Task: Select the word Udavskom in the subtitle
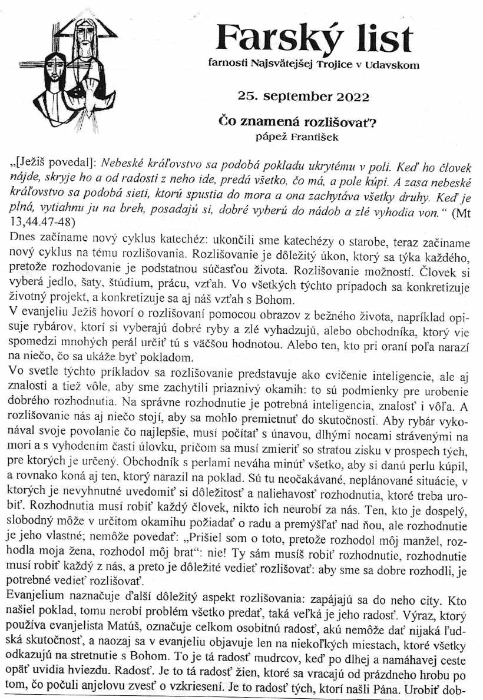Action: (x=393, y=65)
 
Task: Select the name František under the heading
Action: (x=321, y=137)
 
